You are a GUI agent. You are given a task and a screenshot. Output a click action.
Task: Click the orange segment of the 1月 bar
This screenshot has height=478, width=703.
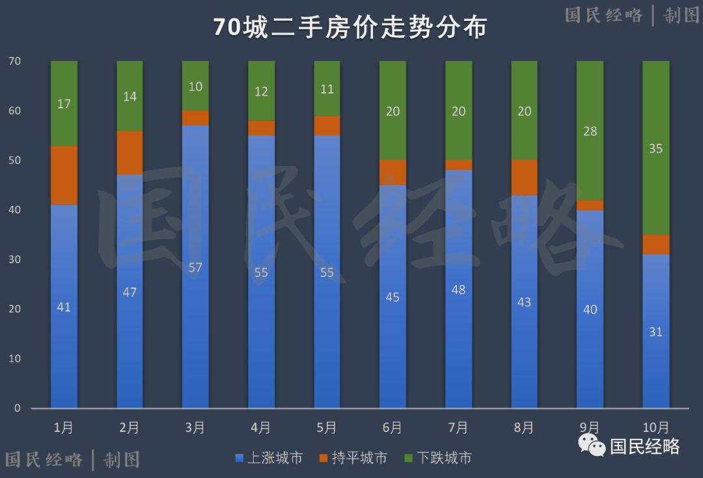(64, 175)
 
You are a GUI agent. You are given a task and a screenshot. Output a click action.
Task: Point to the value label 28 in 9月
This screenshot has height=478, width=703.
(590, 131)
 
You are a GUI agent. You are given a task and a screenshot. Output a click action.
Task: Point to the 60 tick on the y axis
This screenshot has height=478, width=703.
(14, 111)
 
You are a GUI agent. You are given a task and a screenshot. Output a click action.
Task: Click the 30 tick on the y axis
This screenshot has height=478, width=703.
(14, 259)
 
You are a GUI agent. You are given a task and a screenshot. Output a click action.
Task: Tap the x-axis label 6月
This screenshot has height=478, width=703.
(393, 428)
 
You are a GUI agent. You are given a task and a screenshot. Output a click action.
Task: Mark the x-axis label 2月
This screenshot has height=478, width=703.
(130, 428)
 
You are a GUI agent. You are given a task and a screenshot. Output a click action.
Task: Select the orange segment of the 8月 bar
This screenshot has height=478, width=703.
(525, 177)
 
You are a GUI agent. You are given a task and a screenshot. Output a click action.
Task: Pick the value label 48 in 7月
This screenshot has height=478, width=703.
(458, 290)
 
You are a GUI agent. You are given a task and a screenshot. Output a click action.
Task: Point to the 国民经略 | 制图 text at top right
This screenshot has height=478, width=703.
(631, 15)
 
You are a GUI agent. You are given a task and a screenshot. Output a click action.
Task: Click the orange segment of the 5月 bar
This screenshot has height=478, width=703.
(327, 126)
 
